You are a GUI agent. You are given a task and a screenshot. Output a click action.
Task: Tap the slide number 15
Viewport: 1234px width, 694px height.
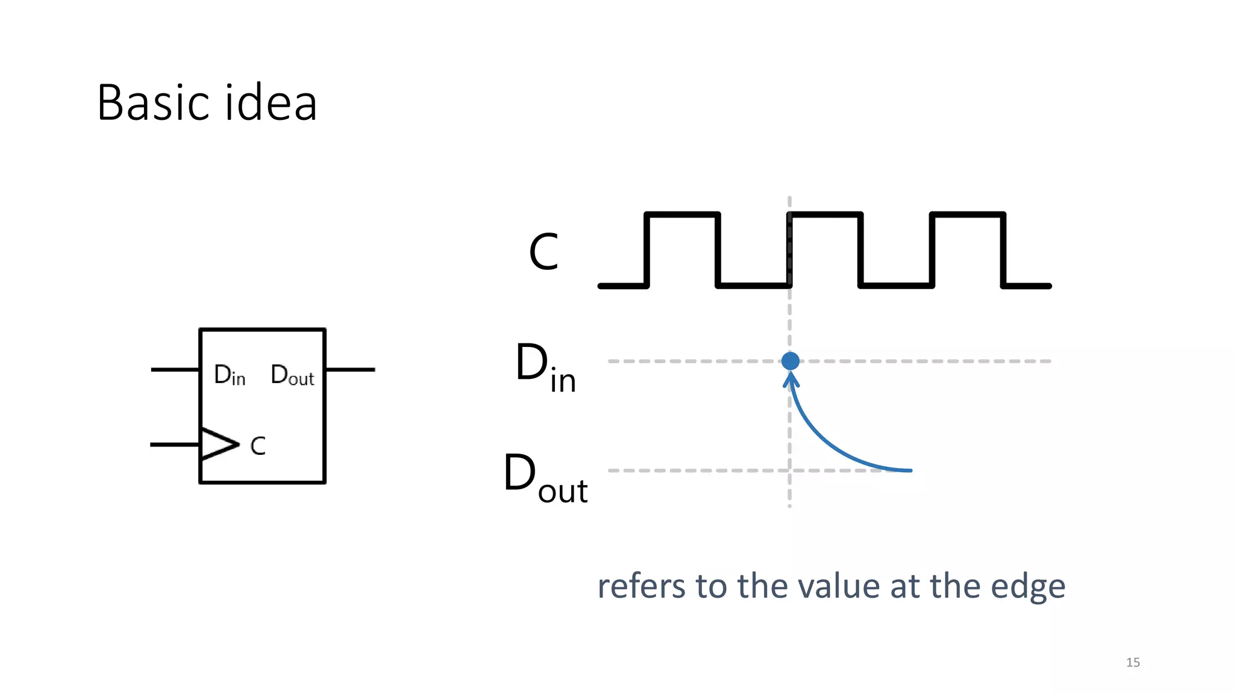pyautogui.click(x=1133, y=662)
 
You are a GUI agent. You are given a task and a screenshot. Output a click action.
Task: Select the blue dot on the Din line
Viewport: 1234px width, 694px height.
pyautogui.click(x=790, y=361)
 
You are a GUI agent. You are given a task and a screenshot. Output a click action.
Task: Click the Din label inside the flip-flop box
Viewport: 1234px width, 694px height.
pyautogui.click(x=230, y=375)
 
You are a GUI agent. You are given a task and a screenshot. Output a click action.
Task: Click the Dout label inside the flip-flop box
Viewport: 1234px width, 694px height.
pyautogui.click(x=292, y=375)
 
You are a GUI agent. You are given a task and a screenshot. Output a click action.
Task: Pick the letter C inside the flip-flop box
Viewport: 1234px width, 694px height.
pyautogui.click(x=258, y=446)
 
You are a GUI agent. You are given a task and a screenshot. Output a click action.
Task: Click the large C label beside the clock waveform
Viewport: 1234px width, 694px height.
pyautogui.click(x=543, y=252)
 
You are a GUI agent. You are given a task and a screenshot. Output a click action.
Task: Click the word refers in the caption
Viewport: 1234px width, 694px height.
pyautogui.click(x=641, y=586)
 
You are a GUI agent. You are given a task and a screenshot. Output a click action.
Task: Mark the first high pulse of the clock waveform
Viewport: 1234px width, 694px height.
pyautogui.click(x=682, y=215)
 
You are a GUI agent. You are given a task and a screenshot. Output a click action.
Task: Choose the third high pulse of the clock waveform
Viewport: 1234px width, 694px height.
pyautogui.click(x=968, y=215)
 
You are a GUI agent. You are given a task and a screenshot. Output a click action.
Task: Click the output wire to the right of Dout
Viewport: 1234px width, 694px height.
pyautogui.click(x=350, y=369)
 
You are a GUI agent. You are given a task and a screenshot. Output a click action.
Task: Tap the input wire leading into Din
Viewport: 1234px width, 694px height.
pyautogui.click(x=175, y=369)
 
